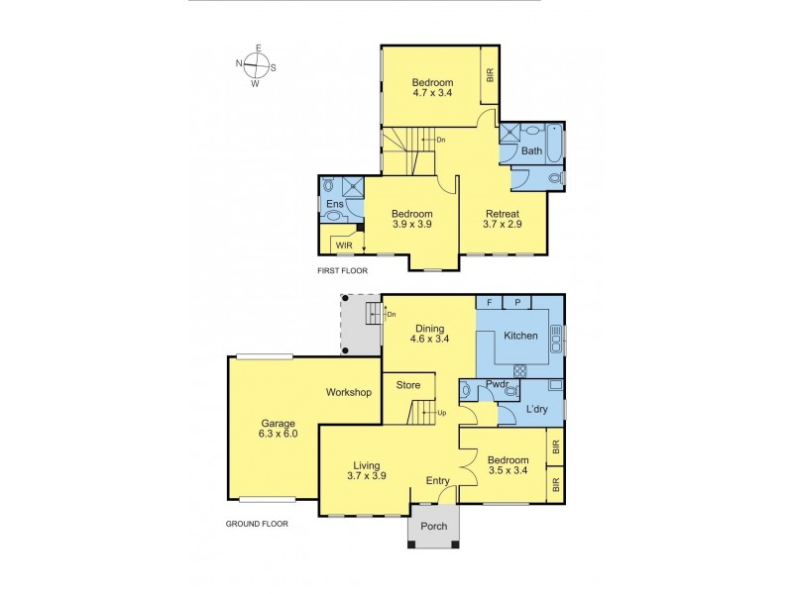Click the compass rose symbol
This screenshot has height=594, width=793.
pyautogui.click(x=258, y=65)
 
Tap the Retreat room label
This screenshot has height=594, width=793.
pyautogui.click(x=503, y=219)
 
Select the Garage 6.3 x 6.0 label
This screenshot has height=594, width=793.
pyautogui.click(x=278, y=429)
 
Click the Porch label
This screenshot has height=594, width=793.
pyautogui.click(x=434, y=526)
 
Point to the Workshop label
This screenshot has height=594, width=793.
pyautogui.click(x=349, y=392)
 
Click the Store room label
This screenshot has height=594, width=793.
pyautogui.click(x=408, y=385)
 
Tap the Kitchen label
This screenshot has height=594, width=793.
pyautogui.click(x=520, y=336)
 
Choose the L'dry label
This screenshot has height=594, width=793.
pyautogui.click(x=536, y=409)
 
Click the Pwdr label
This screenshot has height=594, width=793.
pyautogui.click(x=497, y=384)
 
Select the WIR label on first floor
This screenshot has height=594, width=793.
pyautogui.click(x=344, y=247)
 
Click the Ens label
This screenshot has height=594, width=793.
pyautogui.click(x=335, y=204)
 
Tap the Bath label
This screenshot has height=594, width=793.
pyautogui.click(x=531, y=150)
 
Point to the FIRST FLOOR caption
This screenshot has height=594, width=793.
pyautogui.click(x=342, y=270)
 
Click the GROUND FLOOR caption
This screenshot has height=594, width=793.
pyautogui.click(x=257, y=524)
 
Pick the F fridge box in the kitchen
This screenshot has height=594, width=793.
pyautogui.click(x=489, y=302)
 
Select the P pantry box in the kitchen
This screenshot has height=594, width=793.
pyautogui.click(x=517, y=302)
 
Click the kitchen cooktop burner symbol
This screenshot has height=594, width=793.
pyautogui.click(x=519, y=370)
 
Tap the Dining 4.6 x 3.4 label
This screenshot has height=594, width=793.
pyautogui.click(x=430, y=334)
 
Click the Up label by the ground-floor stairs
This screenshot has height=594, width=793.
pyautogui.click(x=441, y=413)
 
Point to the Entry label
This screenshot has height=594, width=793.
pyautogui.click(x=437, y=481)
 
